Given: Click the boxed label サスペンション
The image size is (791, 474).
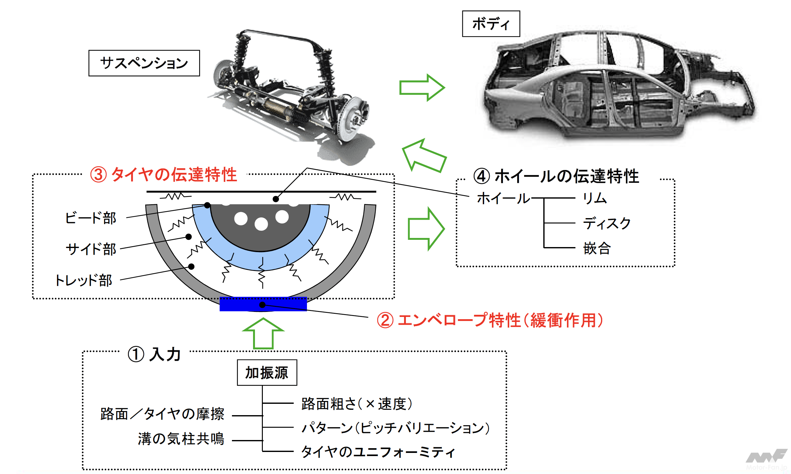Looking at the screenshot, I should [x=144, y=63].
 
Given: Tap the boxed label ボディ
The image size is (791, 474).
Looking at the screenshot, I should [x=490, y=24].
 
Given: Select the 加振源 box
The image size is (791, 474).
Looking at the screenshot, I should [x=267, y=372].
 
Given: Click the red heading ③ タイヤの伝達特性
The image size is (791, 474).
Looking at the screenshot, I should [x=164, y=175].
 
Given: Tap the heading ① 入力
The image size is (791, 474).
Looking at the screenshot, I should [x=154, y=354].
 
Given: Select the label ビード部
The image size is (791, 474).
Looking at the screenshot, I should [x=90, y=218].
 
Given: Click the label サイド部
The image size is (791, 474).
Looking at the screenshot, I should [x=91, y=249].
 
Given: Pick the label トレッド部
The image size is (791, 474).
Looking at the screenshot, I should [x=84, y=280].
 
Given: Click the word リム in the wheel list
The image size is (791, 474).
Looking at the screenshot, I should [x=594, y=198].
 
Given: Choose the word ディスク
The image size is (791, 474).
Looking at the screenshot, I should [x=607, y=223].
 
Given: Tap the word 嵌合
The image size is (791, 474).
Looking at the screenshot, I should [x=597, y=248].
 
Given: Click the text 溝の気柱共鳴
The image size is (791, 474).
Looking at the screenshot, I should [x=181, y=438].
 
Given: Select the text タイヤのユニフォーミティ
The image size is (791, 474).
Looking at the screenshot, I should [x=378, y=452].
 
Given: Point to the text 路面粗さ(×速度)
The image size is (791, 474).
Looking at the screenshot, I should [x=356, y=404].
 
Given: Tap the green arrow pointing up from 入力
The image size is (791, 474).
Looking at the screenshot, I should [x=263, y=334].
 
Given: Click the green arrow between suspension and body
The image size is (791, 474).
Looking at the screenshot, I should [x=422, y=87].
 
